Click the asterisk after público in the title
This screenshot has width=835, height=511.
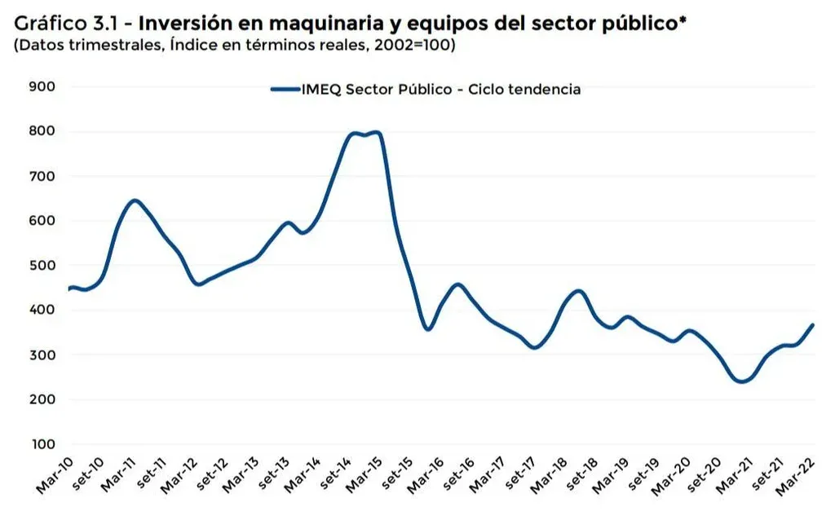(682, 20)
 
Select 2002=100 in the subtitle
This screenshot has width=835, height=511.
(411, 46)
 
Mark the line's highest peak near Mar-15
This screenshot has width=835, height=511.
(377, 132)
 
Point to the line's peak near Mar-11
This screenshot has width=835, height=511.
(135, 200)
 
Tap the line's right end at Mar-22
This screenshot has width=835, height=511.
(813, 324)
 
